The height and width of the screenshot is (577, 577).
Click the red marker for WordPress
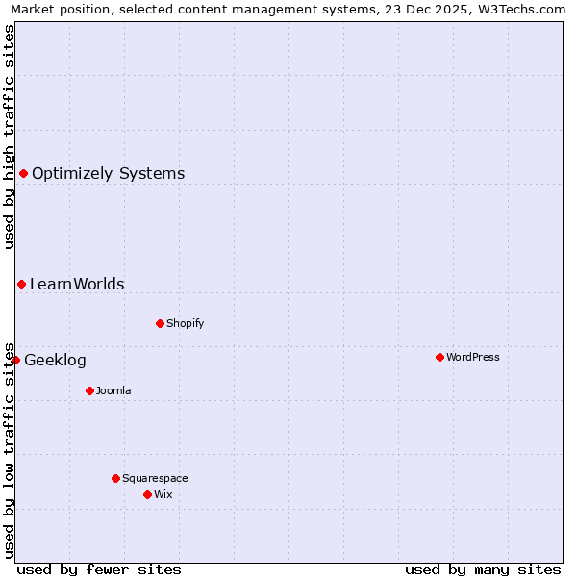pyautogui.click(x=439, y=357)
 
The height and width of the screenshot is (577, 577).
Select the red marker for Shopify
pyautogui.click(x=160, y=323)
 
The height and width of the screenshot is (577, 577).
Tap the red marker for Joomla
pyautogui.click(x=89, y=390)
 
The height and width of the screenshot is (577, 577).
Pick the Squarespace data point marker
pyautogui.click(x=115, y=478)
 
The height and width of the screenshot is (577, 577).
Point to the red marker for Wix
pyautogui.click(x=147, y=494)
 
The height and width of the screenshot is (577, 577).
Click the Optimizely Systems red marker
pyautogui.click(x=23, y=173)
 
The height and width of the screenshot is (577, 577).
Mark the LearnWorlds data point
pyautogui.click(x=21, y=284)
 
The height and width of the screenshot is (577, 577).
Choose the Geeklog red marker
pyautogui.click(x=15, y=360)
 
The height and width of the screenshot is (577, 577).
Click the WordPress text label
pyautogui.click(x=473, y=357)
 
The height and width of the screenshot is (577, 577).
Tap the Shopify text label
pyautogui.click(x=186, y=323)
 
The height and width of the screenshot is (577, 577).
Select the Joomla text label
pyautogui.click(x=113, y=390)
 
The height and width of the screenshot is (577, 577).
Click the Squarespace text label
pyautogui.click(x=155, y=478)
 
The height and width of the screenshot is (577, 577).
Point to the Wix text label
pyautogui.click(x=163, y=494)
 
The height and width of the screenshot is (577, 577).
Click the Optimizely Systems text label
pyautogui.click(x=109, y=174)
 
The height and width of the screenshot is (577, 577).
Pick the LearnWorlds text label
pyautogui.click(x=77, y=285)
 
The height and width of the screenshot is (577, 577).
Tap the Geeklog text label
pyautogui.click(x=55, y=361)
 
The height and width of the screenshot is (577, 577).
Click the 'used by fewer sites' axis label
pyautogui.click(x=99, y=569)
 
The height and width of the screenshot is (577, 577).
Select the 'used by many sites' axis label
pyautogui.click(x=483, y=569)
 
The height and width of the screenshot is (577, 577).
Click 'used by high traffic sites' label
pyautogui.click(x=9, y=136)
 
